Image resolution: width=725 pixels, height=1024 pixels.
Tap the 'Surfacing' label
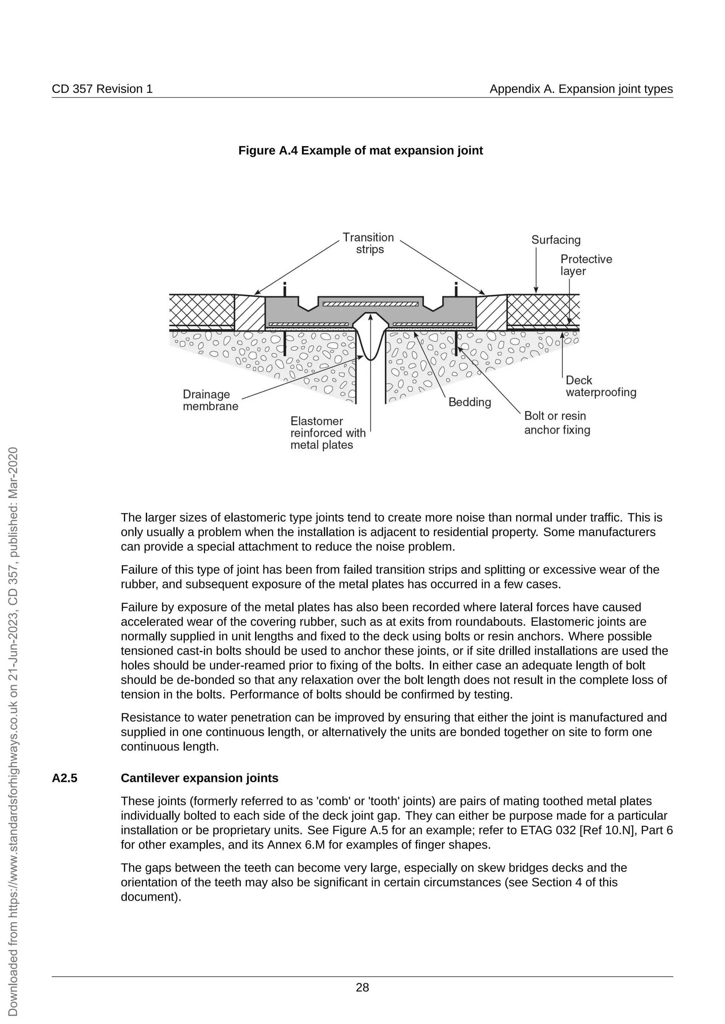click(556, 240)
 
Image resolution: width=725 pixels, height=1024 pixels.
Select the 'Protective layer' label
click(586, 265)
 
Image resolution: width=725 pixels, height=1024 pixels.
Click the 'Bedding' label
click(470, 402)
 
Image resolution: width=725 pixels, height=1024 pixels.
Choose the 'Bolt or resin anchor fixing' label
click(557, 423)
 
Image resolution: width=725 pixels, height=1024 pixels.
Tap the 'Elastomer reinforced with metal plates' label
click(328, 433)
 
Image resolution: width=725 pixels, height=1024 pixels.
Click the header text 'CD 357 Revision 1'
click(102, 89)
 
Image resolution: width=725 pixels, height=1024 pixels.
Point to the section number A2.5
click(64, 778)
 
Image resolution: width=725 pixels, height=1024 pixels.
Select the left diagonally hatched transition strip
click(250, 313)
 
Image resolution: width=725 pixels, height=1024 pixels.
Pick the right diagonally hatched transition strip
click(491, 313)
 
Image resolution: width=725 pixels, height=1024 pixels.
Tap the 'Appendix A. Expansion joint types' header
click(581, 89)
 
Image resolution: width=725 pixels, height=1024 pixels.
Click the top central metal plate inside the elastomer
click(370, 304)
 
